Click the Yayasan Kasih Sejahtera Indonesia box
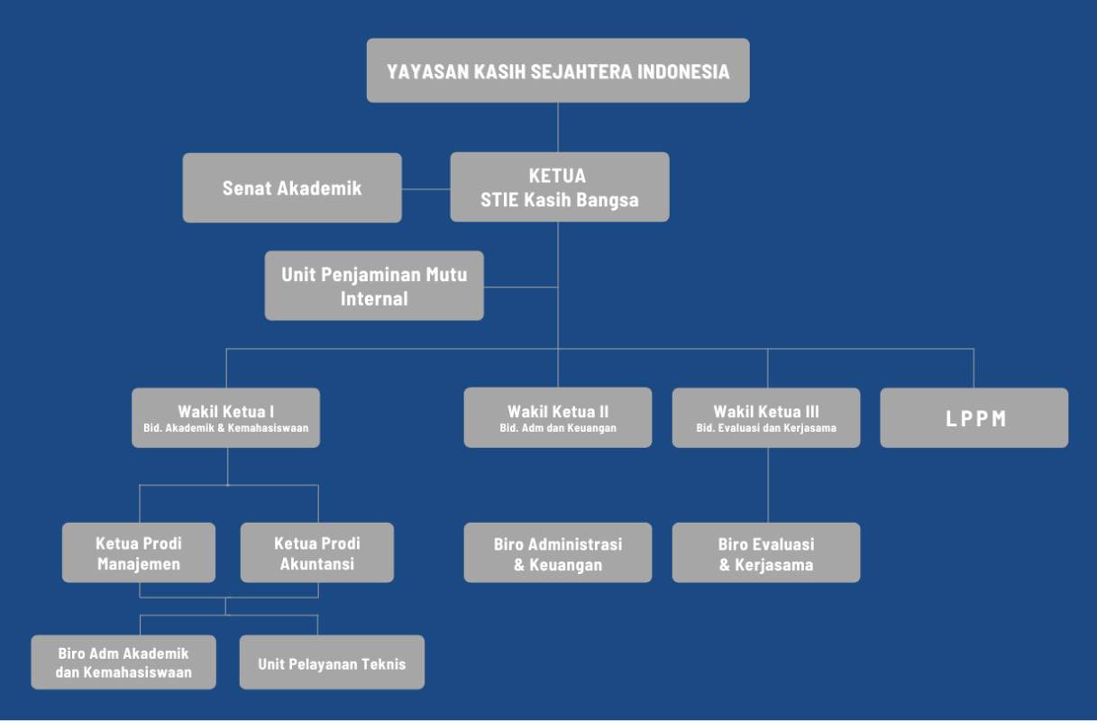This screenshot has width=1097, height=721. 558,70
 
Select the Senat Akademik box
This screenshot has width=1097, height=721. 292,187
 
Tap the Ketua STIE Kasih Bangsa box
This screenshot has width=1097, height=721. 559,187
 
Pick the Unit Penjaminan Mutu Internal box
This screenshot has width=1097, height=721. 374,286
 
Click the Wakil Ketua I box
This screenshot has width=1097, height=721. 225,417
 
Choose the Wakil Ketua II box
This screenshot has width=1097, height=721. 558,417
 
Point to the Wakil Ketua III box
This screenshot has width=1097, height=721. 766,417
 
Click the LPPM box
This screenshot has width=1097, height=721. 974,418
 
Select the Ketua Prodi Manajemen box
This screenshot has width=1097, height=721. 139,552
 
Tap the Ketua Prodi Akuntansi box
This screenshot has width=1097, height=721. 317,552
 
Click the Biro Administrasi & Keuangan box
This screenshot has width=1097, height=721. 558,552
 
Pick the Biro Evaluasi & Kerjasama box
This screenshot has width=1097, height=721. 766,552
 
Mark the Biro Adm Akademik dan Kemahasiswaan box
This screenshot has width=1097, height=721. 123,662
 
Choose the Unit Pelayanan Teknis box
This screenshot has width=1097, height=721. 332,663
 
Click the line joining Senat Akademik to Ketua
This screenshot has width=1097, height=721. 425,189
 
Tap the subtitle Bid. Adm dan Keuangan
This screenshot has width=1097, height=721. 558,428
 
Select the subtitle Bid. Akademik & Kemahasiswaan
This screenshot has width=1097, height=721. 225,428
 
